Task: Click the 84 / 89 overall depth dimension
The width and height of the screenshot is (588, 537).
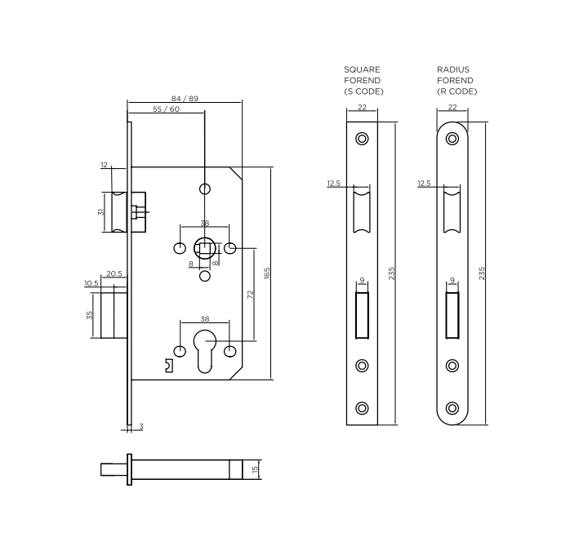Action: (184, 98)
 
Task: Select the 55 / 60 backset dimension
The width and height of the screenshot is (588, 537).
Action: (166, 109)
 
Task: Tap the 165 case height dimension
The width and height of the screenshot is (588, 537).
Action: (267, 273)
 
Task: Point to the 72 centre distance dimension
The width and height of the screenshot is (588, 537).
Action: (251, 294)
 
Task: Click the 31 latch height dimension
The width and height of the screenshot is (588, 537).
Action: (100, 212)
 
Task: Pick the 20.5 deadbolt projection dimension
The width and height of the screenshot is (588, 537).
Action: (114, 274)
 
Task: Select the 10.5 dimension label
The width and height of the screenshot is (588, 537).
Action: (91, 283)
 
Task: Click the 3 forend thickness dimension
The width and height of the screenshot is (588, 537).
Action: (140, 427)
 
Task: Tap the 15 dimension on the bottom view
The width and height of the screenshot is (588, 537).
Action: (256, 470)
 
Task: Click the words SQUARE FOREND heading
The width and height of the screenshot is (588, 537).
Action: (363, 75)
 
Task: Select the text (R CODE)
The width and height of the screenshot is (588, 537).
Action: (457, 91)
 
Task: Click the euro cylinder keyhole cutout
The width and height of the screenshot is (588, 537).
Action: (205, 351)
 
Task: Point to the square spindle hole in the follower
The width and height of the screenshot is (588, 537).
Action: (205, 248)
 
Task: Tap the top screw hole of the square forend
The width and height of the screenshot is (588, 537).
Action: (362, 138)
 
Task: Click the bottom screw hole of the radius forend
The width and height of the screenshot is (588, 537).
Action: (452, 407)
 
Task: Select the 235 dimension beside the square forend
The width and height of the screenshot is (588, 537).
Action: (391, 273)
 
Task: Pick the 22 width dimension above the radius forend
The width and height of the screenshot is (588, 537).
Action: (452, 108)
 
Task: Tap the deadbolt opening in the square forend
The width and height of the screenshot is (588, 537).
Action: (362, 317)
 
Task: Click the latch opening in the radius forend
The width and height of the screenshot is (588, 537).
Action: (452, 211)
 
